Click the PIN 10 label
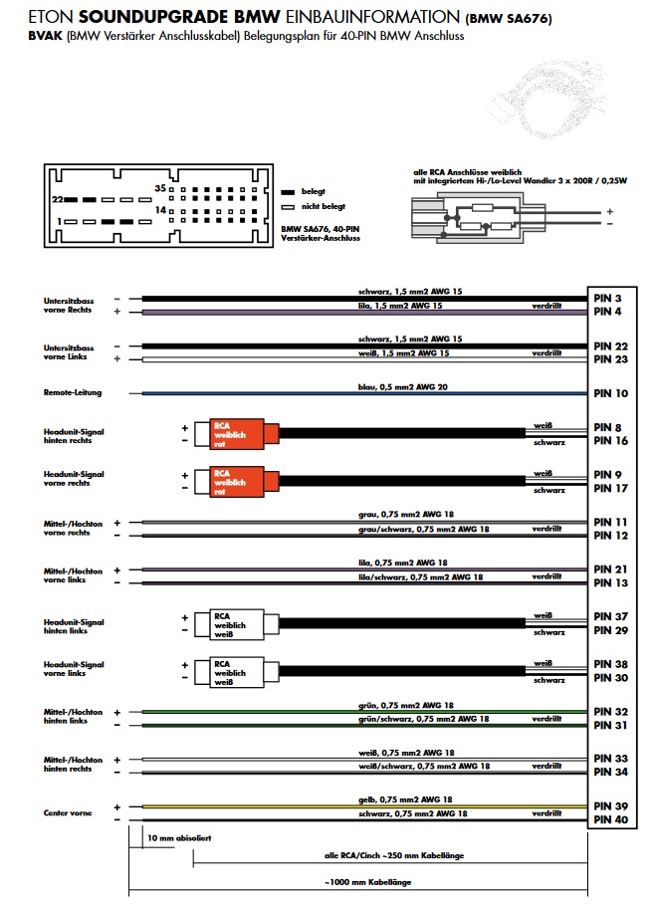point(610,394)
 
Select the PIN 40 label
point(610,819)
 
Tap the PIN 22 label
point(610,346)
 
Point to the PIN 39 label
point(610,805)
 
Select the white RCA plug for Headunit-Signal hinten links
point(231,623)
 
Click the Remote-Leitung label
point(73,393)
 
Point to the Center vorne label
point(68,813)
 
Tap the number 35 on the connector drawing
point(159,187)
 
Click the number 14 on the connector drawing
point(159,211)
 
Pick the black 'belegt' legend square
point(288,191)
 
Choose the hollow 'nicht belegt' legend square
point(288,206)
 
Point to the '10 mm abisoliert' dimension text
point(179,838)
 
